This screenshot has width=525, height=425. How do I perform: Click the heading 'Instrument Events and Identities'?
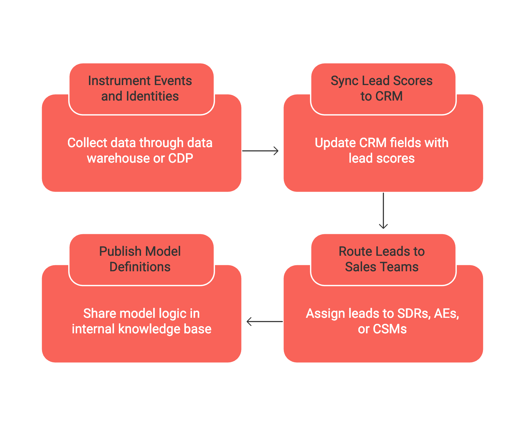pyautogui.click(x=140, y=88)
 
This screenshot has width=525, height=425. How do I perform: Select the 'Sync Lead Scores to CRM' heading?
pyautogui.click(x=381, y=88)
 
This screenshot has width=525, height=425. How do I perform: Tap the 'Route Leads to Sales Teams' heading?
pyautogui.click(x=381, y=259)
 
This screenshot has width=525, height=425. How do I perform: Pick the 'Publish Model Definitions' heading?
pyautogui.click(x=140, y=259)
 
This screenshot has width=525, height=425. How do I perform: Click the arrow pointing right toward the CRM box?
pyautogui.click(x=260, y=151)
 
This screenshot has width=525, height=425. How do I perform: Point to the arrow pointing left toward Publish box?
pyautogui.click(x=264, y=322)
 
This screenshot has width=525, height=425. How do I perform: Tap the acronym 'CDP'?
pyautogui.click(x=180, y=158)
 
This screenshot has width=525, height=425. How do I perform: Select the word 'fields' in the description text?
pyautogui.click(x=408, y=143)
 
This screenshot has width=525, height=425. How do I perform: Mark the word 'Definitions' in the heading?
pyautogui.click(x=140, y=267)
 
